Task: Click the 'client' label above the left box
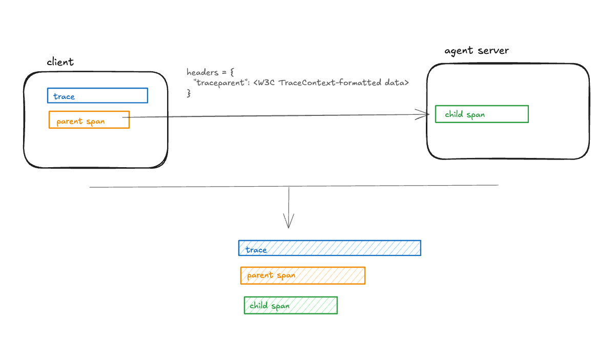pos(60,62)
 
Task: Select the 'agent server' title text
pos(476,51)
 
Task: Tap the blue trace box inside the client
pos(97,96)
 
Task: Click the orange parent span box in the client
pos(89,120)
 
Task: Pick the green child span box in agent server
pos(481,114)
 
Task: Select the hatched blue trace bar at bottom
pos(330,248)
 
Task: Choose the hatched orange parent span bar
pos(302,275)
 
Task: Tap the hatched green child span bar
pos(291,305)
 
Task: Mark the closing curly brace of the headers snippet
pos(188,93)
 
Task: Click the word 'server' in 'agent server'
pos(493,51)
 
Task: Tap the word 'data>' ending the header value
pos(397,83)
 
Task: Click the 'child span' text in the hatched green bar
pos(270,306)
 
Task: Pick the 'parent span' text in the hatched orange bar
pos(271,275)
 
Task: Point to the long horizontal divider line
pos(294,186)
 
